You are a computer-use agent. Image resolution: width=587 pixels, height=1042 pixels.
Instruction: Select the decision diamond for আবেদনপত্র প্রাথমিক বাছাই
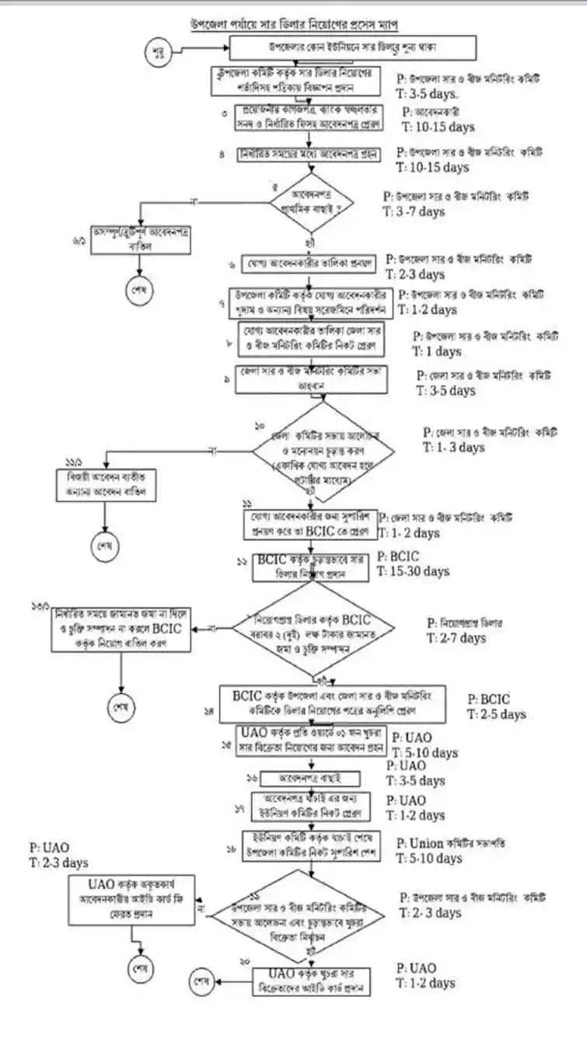tap(311, 204)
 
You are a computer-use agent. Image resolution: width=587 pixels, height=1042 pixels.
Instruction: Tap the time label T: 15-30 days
tap(413, 571)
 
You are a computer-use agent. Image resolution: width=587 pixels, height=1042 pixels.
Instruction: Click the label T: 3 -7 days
tap(416, 211)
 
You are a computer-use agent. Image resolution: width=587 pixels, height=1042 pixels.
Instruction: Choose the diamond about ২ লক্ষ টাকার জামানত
tap(314, 629)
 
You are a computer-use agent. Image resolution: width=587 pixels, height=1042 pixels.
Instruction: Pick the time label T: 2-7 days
tap(456, 638)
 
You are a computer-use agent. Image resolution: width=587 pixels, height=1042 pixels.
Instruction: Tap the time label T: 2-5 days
tap(496, 714)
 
